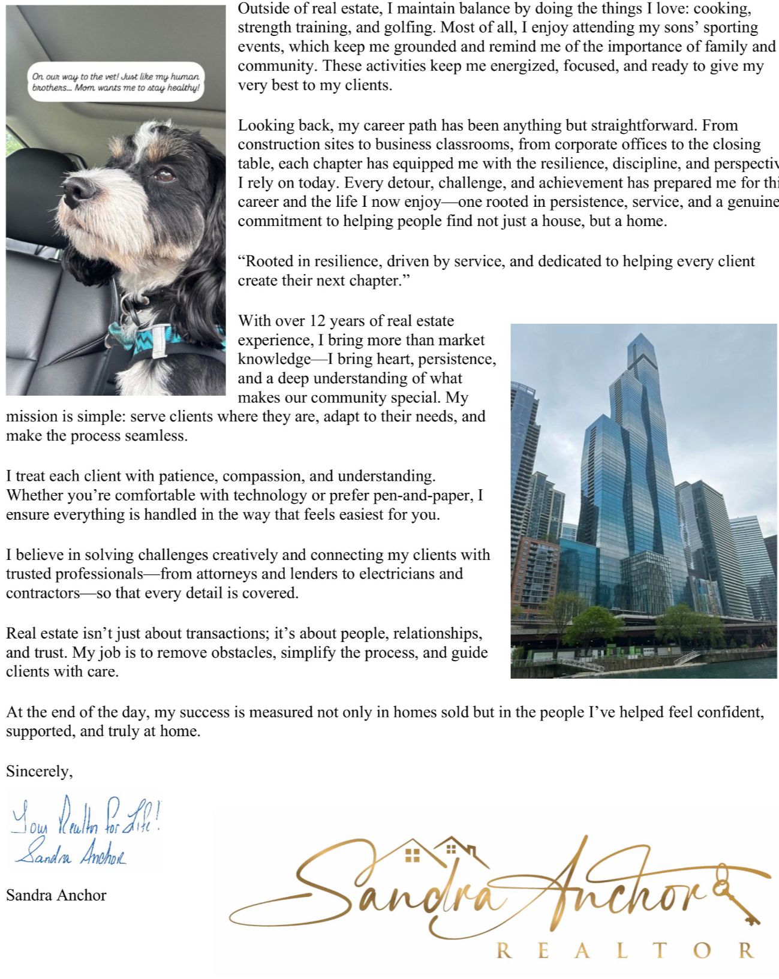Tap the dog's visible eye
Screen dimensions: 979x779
click(164, 176)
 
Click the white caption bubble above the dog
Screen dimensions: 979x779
click(116, 82)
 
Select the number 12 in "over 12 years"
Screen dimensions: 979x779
click(317, 321)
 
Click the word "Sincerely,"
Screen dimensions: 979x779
click(40, 772)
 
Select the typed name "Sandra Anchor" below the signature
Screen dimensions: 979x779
click(56, 896)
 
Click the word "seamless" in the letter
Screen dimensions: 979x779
click(155, 436)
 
